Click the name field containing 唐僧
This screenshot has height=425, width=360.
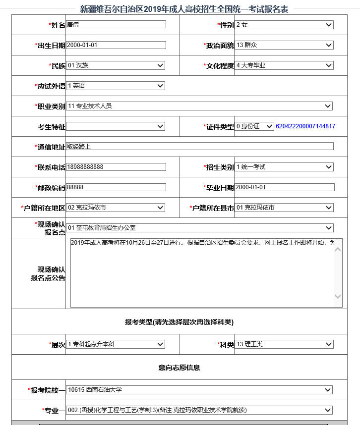pyautogui.click(x=116, y=24)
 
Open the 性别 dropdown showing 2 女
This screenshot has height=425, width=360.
pyautogui.click(x=284, y=25)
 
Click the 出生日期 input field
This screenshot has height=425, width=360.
pyautogui.click(x=116, y=45)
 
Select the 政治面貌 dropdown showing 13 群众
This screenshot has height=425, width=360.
pyautogui.click(x=284, y=45)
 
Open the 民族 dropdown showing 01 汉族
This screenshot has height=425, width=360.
pyautogui.click(x=116, y=65)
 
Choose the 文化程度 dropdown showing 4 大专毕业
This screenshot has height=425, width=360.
pyautogui.click(x=284, y=65)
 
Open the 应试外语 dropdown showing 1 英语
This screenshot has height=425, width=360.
pyautogui.click(x=116, y=86)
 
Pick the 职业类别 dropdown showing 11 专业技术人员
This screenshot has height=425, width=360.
pyautogui.click(x=199, y=106)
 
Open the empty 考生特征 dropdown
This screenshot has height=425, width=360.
pyautogui.click(x=116, y=126)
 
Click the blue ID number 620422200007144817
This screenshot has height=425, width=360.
pyautogui.click(x=305, y=126)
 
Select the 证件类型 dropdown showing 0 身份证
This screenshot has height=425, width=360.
pyautogui.click(x=254, y=126)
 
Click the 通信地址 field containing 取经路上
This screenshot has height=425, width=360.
pyautogui.click(x=199, y=146)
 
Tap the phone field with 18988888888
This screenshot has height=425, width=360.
pyautogui.click(x=116, y=167)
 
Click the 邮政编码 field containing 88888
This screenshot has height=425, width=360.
pyautogui.click(x=116, y=187)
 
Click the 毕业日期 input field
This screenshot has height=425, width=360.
pyautogui.click(x=285, y=187)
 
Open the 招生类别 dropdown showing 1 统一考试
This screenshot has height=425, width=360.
pyautogui.click(x=284, y=167)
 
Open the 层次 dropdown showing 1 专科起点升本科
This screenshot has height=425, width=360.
pyautogui.click(x=116, y=344)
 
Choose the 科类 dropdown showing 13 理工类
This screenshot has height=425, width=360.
pyautogui.click(x=284, y=344)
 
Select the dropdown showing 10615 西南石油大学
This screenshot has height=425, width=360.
pyautogui.click(x=199, y=390)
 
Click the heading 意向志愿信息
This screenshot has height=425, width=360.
pyautogui.click(x=179, y=368)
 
